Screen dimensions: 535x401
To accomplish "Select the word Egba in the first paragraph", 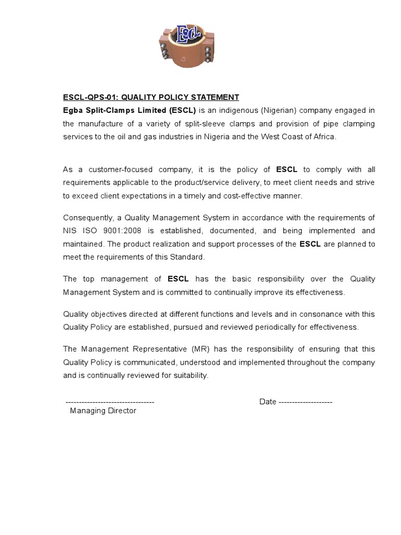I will pyautogui.click(x=73, y=110).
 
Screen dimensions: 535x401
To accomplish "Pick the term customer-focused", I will pyautogui.click(x=121, y=169).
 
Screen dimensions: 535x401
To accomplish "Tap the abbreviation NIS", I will pyautogui.click(x=70, y=230).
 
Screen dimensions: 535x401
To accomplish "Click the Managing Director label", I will pyautogui.click(x=103, y=411).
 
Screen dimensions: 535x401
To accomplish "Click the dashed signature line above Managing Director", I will pyautogui.click(x=110, y=402).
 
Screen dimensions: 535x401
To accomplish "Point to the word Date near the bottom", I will pyautogui.click(x=268, y=402).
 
